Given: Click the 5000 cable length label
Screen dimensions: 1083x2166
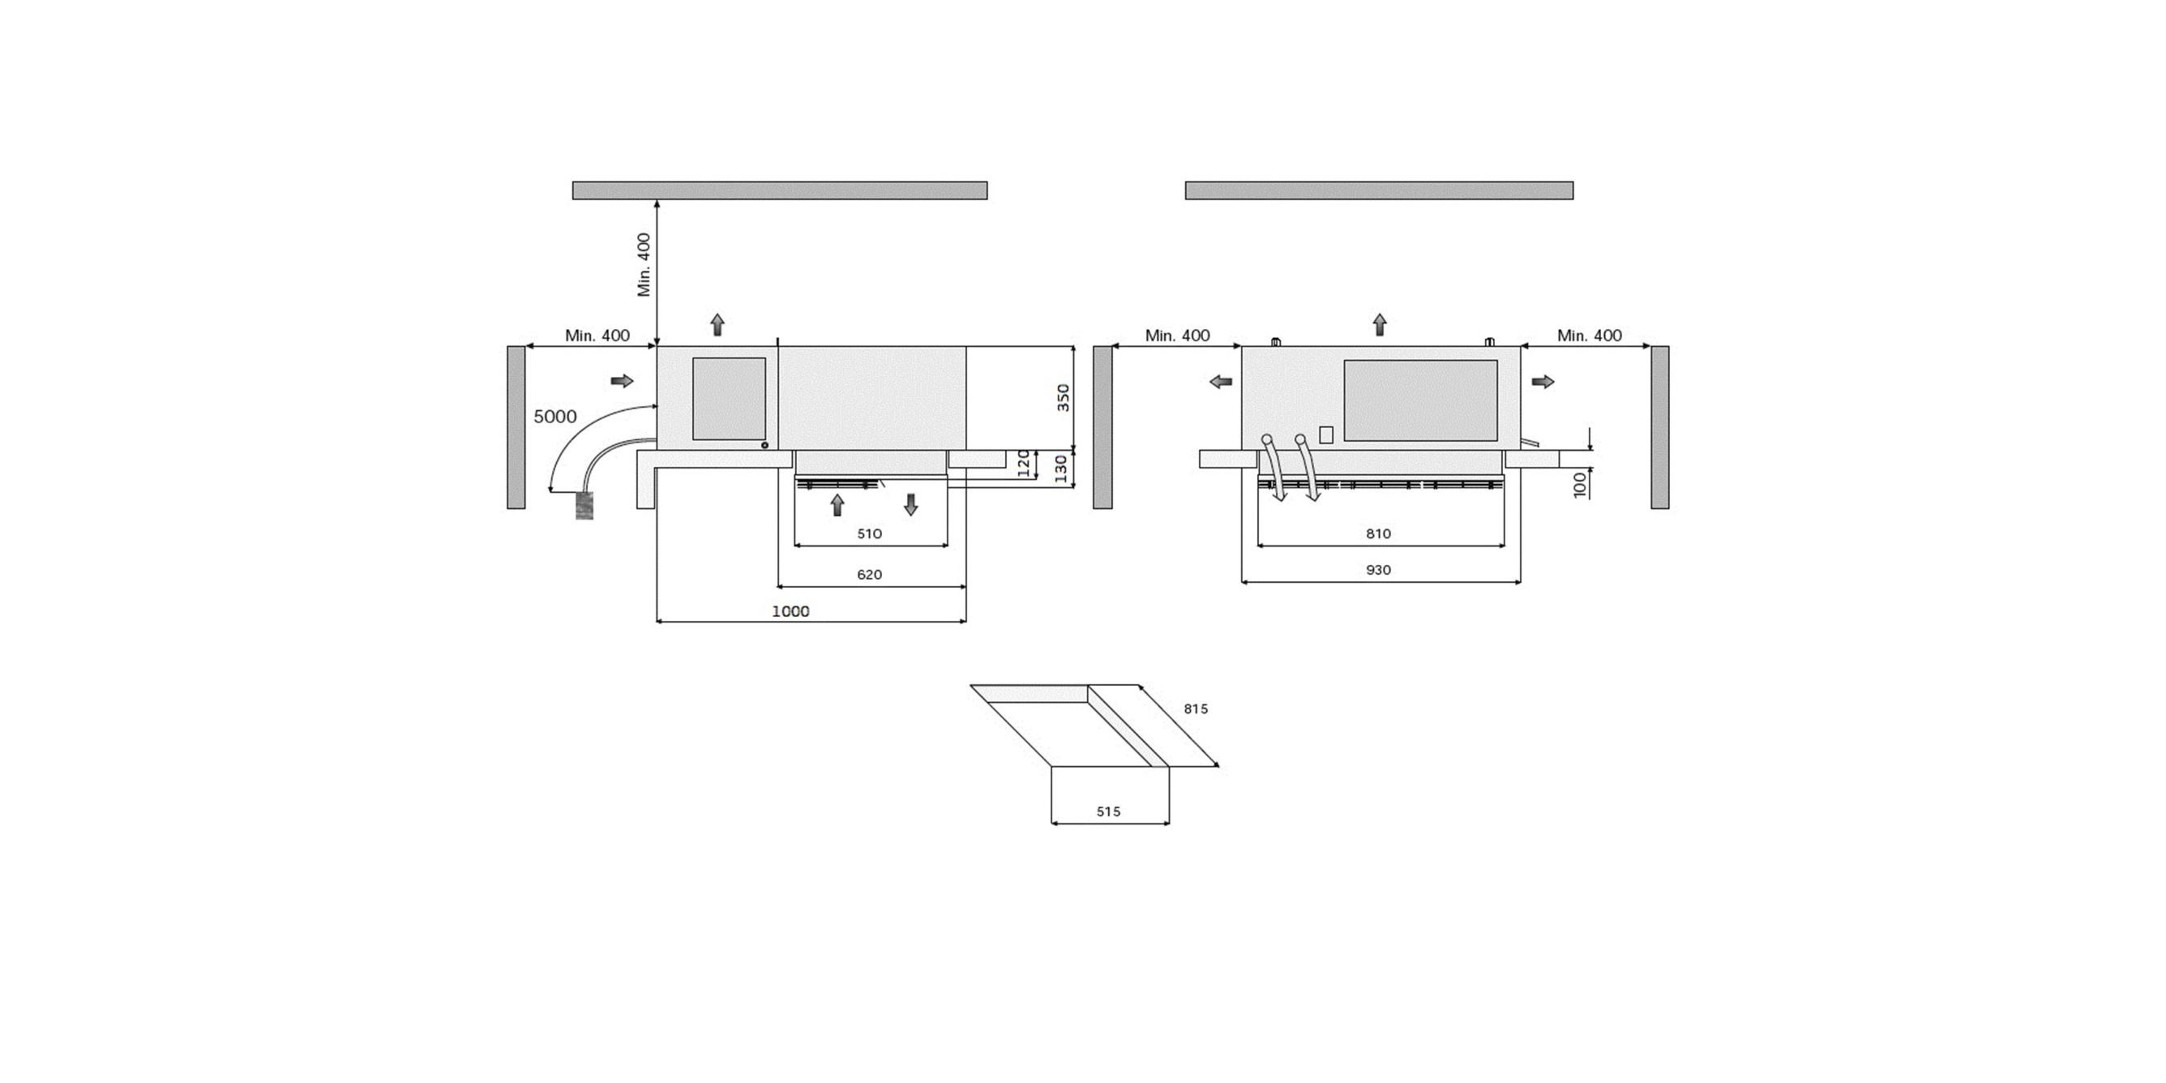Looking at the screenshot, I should coord(555,417).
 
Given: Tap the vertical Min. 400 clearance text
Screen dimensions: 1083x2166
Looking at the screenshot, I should coord(644,265).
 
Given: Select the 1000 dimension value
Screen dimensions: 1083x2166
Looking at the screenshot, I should coord(790,611).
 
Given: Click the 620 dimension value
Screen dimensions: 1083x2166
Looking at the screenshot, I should coord(869,575).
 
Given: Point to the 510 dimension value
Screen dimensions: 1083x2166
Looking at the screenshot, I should coord(869,534).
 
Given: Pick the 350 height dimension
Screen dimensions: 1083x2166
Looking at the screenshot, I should coord(1063,397).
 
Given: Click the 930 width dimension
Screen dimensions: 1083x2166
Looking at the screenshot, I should coord(1378,570).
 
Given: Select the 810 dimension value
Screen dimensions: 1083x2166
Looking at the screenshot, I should coord(1378,534).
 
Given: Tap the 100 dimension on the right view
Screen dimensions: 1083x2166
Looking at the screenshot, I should coord(1580,485).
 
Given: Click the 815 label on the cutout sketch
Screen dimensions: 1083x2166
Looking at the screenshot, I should coord(1195,709).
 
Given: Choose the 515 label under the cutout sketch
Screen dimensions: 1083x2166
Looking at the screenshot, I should coord(1108,812).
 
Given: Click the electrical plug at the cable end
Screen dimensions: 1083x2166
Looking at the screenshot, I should coord(584,506).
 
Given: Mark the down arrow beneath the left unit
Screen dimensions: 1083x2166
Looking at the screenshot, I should coord(910,505).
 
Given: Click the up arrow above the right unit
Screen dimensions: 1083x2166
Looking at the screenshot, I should coord(1380,324).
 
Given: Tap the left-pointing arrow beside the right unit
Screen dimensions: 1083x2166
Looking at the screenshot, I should coord(1220,381).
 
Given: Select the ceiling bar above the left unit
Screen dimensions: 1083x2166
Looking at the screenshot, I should coord(779,190).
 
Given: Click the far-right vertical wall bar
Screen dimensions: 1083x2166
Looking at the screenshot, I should coord(1659,427).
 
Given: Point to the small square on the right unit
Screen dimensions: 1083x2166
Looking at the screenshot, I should coord(1326,435).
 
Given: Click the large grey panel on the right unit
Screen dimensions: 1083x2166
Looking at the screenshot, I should coord(1420,400).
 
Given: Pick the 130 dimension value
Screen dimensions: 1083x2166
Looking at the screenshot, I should coord(1060,467).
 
